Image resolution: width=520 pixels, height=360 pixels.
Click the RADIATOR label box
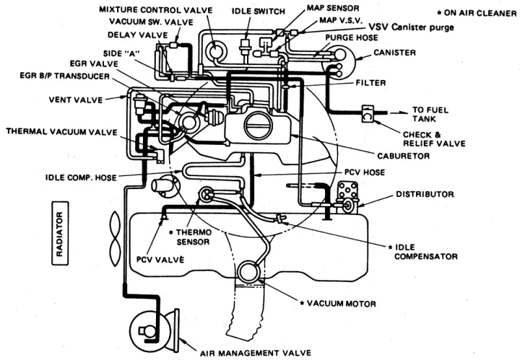[x=60, y=233]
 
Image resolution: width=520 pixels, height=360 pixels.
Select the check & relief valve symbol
[x=367, y=114]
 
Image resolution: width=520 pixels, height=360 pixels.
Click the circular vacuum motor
[x=249, y=272]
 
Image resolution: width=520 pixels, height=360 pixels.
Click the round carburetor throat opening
[x=258, y=125]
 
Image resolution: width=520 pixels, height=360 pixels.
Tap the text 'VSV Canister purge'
[x=411, y=27]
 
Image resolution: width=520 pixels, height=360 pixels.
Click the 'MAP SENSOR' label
[x=333, y=8]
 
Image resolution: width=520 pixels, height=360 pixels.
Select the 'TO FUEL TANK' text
[x=430, y=114]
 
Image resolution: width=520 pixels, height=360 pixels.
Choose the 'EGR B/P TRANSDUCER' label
[x=64, y=76]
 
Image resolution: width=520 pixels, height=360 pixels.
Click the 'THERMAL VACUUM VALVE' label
[x=62, y=132]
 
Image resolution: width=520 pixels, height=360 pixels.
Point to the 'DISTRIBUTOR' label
[x=425, y=194]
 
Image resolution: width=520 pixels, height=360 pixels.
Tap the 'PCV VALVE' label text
[x=160, y=259]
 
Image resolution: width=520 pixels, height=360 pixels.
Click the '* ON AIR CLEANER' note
[x=477, y=13]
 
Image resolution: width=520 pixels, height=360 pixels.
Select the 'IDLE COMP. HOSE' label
[x=81, y=177]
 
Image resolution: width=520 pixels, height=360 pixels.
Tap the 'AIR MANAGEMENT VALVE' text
[x=255, y=354]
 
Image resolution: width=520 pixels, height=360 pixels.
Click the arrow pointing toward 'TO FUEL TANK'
[x=399, y=113]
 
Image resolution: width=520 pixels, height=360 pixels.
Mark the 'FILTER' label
[x=370, y=83]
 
